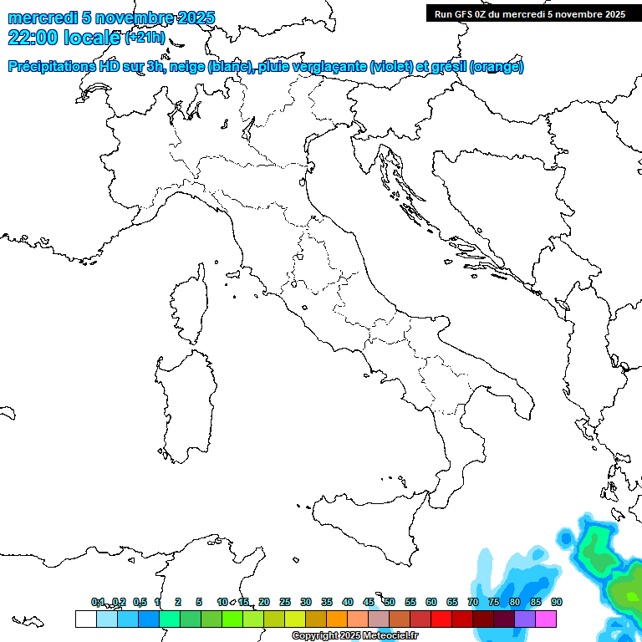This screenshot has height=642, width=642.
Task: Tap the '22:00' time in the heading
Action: [31, 38]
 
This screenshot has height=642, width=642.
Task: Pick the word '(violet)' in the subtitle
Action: [391, 67]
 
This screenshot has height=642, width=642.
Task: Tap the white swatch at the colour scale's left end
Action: [85, 619]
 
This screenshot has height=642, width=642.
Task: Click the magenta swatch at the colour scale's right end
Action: [546, 619]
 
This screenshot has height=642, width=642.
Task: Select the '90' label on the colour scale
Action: [557, 602]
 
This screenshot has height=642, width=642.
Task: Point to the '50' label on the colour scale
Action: [390, 602]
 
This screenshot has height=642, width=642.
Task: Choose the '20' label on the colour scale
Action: [264, 602]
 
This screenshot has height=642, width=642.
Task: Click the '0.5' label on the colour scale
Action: [140, 602]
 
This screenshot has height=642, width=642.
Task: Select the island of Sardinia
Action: [184, 401]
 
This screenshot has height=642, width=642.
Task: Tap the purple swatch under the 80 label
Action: [525, 619]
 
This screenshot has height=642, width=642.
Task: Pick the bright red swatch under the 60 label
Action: [441, 619]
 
